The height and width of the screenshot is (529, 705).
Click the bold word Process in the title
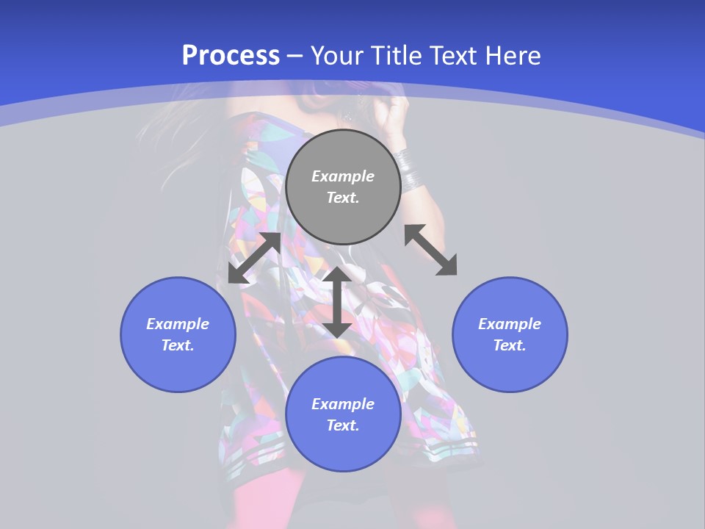coord(231,56)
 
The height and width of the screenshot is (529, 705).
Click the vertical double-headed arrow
coord(337,302)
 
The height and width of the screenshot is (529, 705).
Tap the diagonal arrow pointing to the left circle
coord(254,258)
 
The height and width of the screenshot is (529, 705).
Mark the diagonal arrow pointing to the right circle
coord(430,250)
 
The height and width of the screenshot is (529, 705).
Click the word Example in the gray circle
coord(343,176)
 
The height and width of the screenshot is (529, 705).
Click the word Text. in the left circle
coord(178,345)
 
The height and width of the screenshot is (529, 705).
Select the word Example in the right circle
coord(510,324)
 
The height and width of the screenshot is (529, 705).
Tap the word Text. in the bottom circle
coord(343,425)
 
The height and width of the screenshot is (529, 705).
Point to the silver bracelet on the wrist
coord(408,170)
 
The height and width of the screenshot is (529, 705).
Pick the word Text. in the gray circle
coord(343,198)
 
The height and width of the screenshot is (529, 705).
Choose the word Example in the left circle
coord(178,324)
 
